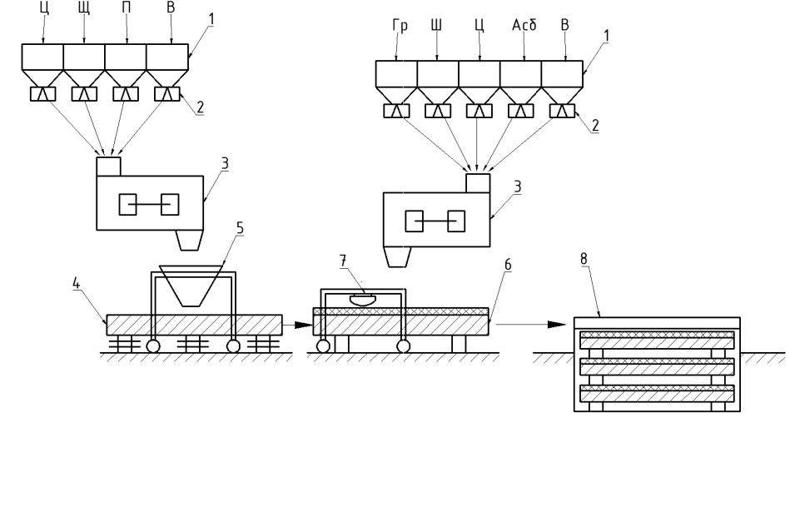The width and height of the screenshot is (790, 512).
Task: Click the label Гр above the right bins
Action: tap(400, 25)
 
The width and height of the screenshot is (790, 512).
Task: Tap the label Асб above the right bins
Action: tap(524, 25)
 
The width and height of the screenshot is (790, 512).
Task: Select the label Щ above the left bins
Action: tap(84, 8)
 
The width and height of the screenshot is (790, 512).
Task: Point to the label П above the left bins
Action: tap(127, 8)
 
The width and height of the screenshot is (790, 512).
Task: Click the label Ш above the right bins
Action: tap(436, 25)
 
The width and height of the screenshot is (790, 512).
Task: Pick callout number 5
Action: tap(240, 228)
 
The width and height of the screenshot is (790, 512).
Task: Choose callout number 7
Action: tap(343, 261)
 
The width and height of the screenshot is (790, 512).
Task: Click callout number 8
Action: tap(584, 259)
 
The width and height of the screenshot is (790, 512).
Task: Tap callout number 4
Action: tap(76, 283)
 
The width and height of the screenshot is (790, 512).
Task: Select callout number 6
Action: tap(507, 264)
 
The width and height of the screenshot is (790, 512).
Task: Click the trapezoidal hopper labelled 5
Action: tap(191, 286)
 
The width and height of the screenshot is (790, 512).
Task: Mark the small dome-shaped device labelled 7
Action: tap(362, 300)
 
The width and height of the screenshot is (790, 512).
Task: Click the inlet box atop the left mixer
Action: tap(108, 167)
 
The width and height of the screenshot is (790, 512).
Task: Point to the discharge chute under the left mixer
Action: tap(190, 241)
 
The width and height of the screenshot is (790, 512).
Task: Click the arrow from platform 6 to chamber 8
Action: tap(531, 325)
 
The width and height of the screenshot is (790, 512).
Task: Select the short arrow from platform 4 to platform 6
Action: tap(297, 325)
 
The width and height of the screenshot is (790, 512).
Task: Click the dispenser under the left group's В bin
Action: tap(166, 94)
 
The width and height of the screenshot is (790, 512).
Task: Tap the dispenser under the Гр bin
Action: tap(396, 111)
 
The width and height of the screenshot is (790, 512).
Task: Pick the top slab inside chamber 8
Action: tap(657, 340)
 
